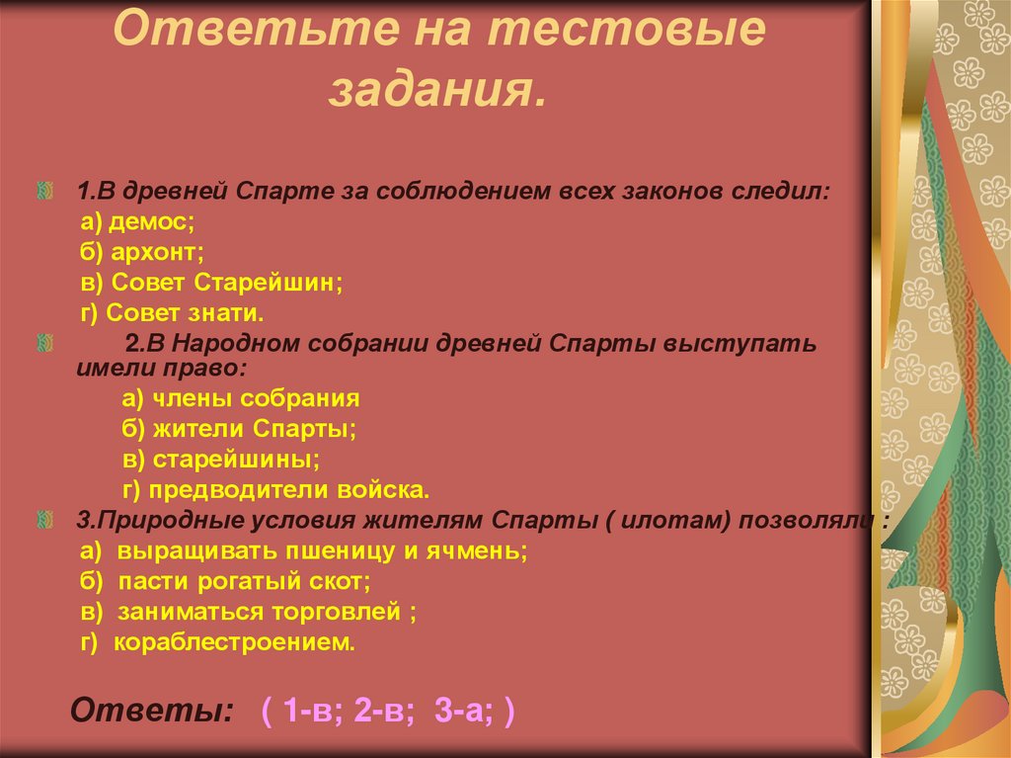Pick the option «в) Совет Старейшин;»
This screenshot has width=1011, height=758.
212,283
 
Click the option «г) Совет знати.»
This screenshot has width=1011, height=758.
173,313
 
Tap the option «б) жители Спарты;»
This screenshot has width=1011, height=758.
239,429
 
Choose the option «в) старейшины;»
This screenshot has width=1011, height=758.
222,460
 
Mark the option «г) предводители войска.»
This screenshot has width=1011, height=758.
277,489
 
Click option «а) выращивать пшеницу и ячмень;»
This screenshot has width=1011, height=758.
304,550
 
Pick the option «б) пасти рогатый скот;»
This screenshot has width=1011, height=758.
225,581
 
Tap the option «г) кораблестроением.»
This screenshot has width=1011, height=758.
216,642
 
